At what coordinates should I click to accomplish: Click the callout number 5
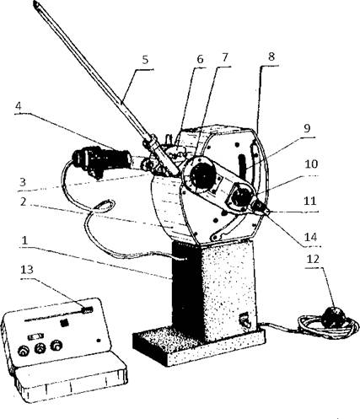(145, 60)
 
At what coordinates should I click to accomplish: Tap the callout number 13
(27, 270)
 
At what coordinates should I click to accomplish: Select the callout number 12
(313, 259)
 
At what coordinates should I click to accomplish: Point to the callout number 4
(19, 106)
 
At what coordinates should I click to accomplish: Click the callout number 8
(271, 56)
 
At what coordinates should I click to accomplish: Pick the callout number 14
(311, 237)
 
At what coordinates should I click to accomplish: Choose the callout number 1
(24, 240)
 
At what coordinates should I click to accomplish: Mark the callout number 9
(307, 128)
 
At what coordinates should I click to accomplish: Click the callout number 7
(225, 57)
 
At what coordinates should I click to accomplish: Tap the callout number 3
(23, 182)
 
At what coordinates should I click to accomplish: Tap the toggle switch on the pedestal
(244, 320)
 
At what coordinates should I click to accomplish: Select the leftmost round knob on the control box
(24, 351)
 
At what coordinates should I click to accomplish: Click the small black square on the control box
(65, 323)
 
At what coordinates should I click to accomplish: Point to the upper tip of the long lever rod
(35, 3)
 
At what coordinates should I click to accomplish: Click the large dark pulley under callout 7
(201, 175)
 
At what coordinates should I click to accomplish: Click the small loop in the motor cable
(104, 206)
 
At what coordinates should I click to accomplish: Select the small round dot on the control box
(99, 341)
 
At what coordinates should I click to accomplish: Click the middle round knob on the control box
(40, 348)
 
